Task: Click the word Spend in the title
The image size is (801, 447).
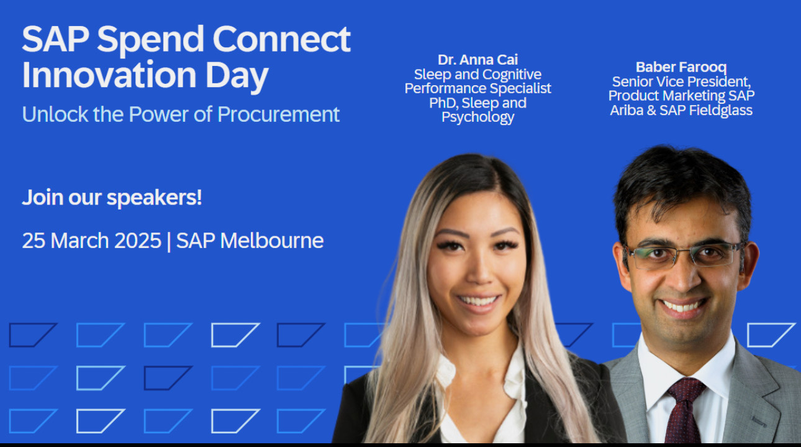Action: tap(150, 40)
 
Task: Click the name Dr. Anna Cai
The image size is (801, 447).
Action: tap(477, 60)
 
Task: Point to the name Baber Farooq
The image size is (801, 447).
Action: tap(681, 67)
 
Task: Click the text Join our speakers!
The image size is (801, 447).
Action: tap(112, 198)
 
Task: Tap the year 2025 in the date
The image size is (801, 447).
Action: tap(138, 241)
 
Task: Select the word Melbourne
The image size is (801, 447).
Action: tap(272, 241)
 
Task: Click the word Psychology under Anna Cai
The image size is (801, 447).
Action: tap(477, 118)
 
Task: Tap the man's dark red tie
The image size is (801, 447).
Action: tap(684, 412)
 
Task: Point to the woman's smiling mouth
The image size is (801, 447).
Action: tap(479, 303)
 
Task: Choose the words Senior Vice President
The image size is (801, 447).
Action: tap(681, 82)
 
